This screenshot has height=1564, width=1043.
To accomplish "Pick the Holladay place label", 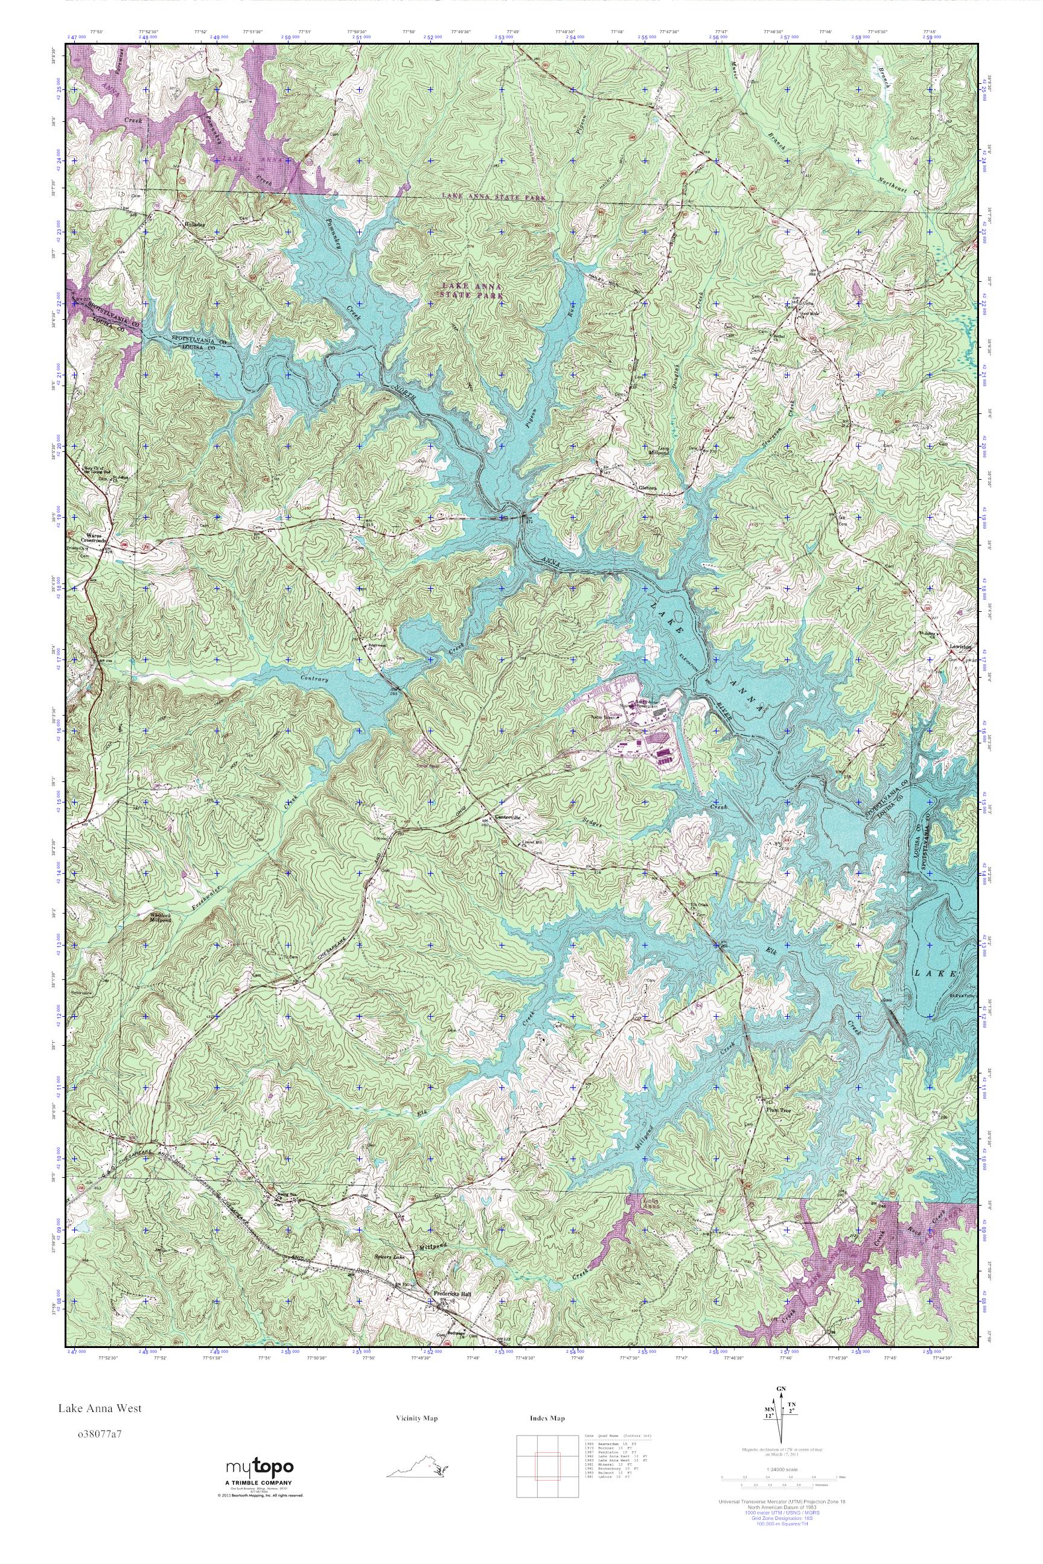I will tap(196, 224).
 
